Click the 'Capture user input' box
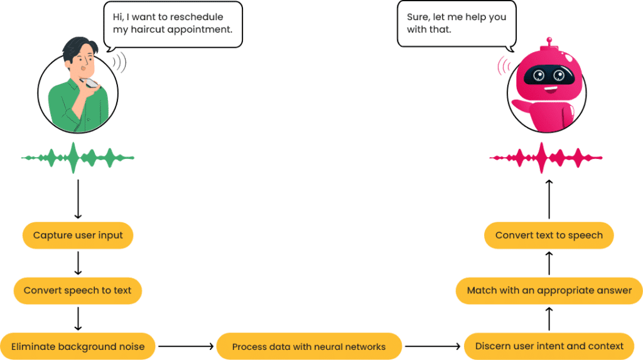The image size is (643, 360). (x=78, y=236)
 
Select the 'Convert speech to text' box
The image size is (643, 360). (x=78, y=290)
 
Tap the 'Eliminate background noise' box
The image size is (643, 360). (x=78, y=346)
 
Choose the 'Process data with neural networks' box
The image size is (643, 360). (x=308, y=346)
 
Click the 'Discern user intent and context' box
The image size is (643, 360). (x=549, y=346)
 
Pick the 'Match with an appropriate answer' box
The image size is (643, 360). (x=549, y=291)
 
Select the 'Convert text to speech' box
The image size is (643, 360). (x=549, y=236)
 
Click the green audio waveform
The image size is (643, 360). (x=77, y=157)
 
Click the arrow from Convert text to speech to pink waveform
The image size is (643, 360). (x=549, y=200)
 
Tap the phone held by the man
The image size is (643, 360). (x=92, y=82)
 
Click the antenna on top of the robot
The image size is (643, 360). (x=550, y=42)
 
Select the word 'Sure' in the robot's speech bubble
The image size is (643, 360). (x=418, y=17)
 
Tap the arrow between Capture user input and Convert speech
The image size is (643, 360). (x=78, y=263)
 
